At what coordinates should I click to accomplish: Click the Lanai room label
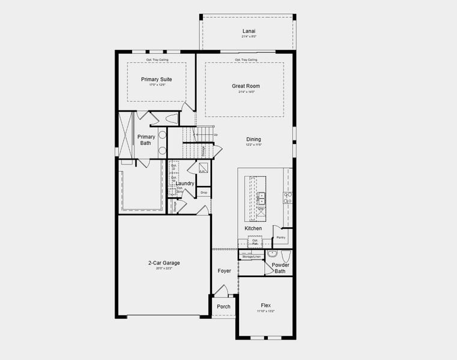(x=247, y=31)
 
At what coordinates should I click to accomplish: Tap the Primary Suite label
(x=157, y=79)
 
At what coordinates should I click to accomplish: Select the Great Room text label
(x=246, y=86)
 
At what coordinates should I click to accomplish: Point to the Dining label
(x=253, y=139)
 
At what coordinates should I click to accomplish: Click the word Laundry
(x=185, y=183)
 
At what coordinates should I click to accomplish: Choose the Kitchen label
(x=253, y=229)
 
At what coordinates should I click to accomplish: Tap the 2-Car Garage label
(x=164, y=263)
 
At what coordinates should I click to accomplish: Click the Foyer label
(x=225, y=271)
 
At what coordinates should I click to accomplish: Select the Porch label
(x=223, y=307)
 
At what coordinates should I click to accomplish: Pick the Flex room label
(x=265, y=305)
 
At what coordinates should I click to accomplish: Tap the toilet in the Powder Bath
(x=286, y=254)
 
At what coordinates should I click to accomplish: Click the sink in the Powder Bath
(x=271, y=254)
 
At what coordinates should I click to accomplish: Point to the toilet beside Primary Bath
(x=172, y=118)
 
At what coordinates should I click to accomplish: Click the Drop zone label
(x=204, y=193)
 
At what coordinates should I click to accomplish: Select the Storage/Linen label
(x=250, y=257)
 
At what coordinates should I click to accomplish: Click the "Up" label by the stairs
(x=216, y=134)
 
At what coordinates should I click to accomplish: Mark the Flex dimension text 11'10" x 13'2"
(x=265, y=311)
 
